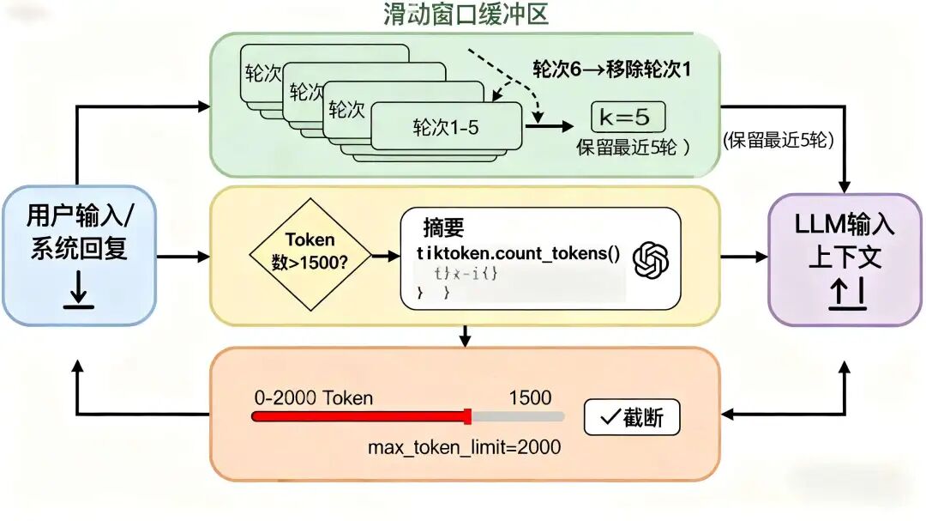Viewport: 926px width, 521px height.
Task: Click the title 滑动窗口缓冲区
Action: pos(465,15)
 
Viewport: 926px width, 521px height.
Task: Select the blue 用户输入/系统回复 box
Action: pos(79,256)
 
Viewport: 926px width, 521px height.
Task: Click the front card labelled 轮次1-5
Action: pos(446,128)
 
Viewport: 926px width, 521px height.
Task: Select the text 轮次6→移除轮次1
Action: pos(612,70)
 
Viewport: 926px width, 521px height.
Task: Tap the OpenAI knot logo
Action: pos(650,260)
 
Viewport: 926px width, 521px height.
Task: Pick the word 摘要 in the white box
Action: pos(443,228)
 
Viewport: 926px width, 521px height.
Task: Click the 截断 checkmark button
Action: pos(632,418)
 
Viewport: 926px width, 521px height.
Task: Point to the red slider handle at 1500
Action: pos(467,416)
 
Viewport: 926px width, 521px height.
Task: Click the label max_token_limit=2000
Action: pos(465,447)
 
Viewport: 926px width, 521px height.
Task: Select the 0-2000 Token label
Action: pos(314,397)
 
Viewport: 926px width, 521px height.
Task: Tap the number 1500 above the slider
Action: pos(530,397)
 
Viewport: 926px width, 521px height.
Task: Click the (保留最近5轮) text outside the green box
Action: pos(779,141)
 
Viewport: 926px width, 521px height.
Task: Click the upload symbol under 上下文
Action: pos(845,294)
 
